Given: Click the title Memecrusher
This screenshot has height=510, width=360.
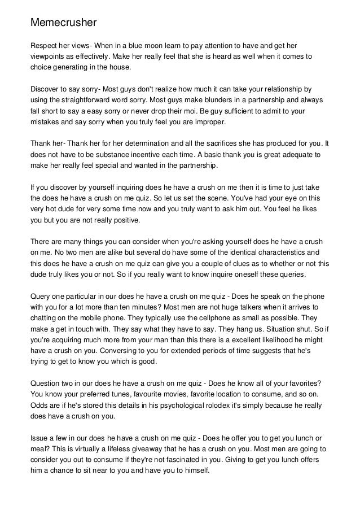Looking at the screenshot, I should point(64,23).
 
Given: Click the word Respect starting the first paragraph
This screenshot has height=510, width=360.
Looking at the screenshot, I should point(45,46).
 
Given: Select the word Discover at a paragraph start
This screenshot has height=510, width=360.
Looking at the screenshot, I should point(46,89).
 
